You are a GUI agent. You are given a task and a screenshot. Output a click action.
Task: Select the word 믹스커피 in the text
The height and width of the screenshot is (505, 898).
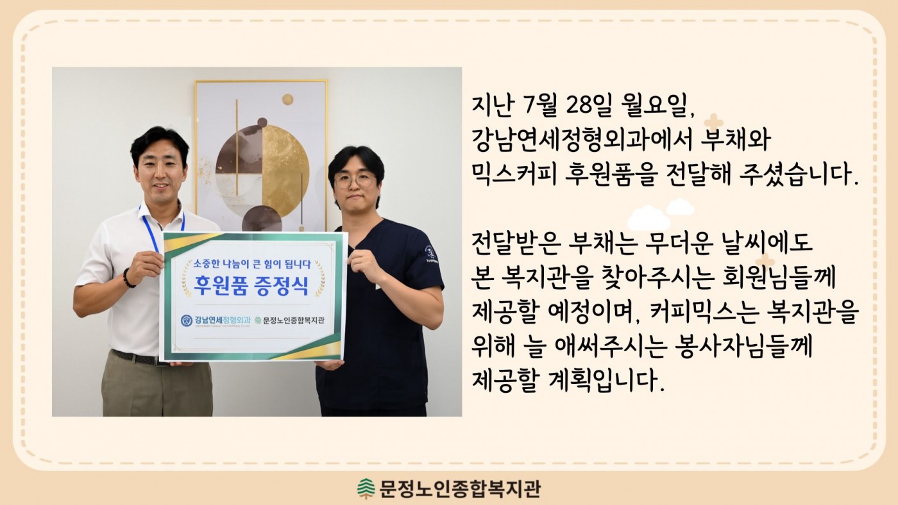(x=514, y=175)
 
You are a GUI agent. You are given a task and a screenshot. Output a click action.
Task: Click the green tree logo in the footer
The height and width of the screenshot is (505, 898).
(x=365, y=488)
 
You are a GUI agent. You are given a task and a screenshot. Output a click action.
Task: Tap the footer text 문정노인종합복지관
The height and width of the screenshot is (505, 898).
(x=459, y=489)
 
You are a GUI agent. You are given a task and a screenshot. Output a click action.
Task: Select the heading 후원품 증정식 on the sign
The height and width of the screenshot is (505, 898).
(x=251, y=285)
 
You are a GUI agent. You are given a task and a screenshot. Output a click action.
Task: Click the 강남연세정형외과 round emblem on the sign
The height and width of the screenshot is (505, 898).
(x=187, y=320)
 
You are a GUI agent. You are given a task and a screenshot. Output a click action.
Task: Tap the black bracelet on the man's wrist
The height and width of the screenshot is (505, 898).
(x=128, y=278)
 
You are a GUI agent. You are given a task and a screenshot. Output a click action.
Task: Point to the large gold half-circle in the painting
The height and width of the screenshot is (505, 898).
(x=285, y=170)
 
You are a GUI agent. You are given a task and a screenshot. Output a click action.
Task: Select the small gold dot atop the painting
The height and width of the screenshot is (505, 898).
(x=287, y=99)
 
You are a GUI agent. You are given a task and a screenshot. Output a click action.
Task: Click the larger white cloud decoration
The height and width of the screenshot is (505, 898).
(x=648, y=218)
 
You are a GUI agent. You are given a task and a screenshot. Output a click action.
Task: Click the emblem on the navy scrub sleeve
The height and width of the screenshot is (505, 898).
(x=430, y=252)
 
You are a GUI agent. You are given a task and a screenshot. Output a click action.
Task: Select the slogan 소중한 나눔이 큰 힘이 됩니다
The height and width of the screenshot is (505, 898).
(x=252, y=264)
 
